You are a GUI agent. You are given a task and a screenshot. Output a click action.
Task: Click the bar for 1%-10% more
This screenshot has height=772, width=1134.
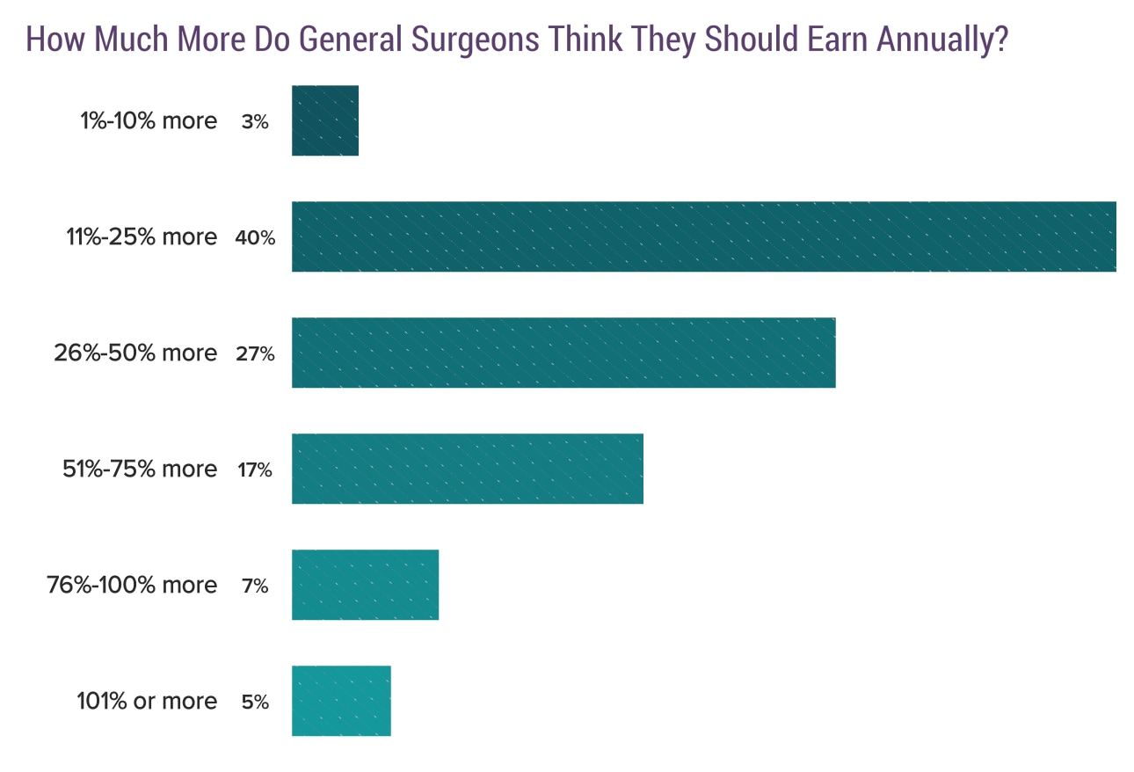pyautogui.click(x=325, y=120)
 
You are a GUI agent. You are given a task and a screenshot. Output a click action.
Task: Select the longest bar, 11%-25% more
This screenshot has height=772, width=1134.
pyautogui.click(x=703, y=237)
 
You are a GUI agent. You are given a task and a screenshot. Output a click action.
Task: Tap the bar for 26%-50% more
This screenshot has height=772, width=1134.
pyautogui.click(x=563, y=353)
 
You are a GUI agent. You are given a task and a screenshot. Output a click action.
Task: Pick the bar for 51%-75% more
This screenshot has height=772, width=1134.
pyautogui.click(x=467, y=469)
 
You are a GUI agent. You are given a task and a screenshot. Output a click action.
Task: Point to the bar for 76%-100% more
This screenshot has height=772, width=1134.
pyautogui.click(x=365, y=585)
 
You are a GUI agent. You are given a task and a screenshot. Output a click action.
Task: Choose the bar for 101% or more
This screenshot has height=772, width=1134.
pyautogui.click(x=341, y=701)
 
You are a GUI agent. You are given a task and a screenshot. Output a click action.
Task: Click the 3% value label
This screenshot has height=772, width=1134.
pyautogui.click(x=254, y=122)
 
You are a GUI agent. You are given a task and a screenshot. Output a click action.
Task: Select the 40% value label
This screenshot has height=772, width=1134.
pyautogui.click(x=254, y=238)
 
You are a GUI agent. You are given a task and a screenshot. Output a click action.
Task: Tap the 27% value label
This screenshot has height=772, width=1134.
pyautogui.click(x=254, y=354)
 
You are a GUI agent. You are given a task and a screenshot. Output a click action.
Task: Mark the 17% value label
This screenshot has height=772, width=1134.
pyautogui.click(x=254, y=470)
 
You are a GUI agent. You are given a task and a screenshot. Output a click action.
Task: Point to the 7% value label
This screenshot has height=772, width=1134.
pyautogui.click(x=254, y=586)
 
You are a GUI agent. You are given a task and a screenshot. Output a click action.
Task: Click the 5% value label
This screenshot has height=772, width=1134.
pyautogui.click(x=254, y=703)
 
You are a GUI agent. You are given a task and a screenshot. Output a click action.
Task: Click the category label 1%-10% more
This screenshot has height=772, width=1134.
pyautogui.click(x=149, y=120)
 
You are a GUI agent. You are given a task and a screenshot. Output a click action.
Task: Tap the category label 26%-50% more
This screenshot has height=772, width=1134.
pyautogui.click(x=134, y=353)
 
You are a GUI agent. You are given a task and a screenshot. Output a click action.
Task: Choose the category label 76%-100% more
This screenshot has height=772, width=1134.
pyautogui.click(x=132, y=585)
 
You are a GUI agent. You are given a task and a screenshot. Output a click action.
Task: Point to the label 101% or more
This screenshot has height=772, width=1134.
pyautogui.click(x=147, y=701)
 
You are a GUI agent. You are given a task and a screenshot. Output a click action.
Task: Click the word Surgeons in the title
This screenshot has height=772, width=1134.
pyautogui.click(x=476, y=40)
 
